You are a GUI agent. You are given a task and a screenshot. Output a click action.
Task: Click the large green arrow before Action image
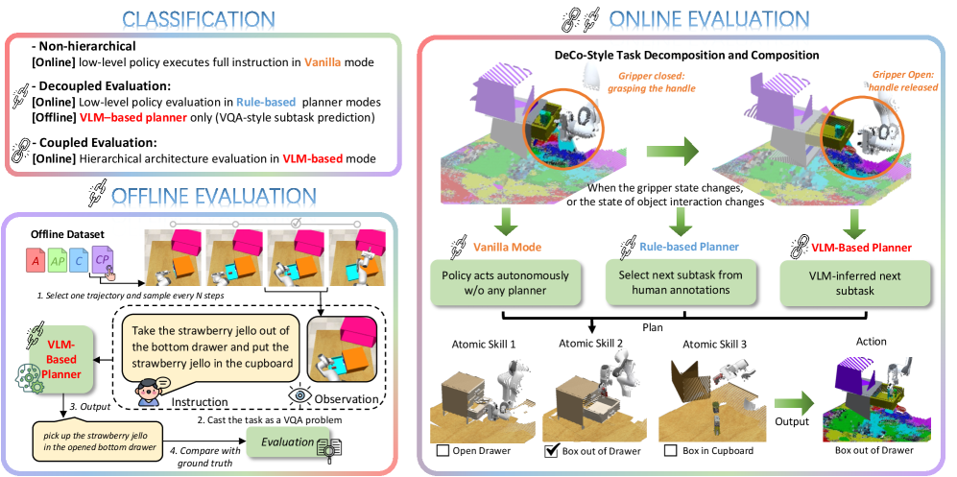coord(792,403)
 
